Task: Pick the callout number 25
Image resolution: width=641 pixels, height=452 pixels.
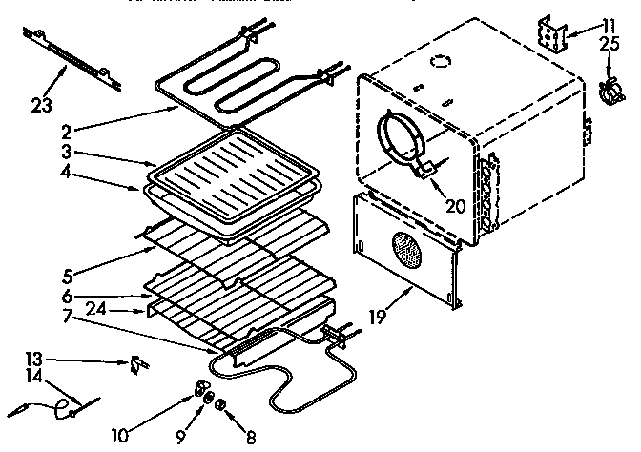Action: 609,46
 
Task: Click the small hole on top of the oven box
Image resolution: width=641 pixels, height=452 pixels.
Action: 441,62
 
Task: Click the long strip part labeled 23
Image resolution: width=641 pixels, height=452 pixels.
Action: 73,60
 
